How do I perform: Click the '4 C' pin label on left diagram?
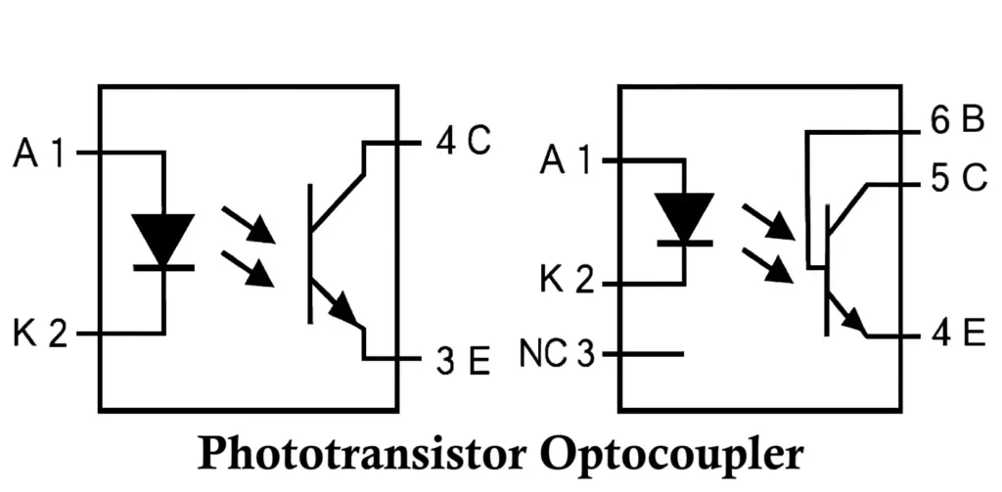pos(462,142)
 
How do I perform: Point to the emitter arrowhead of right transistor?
pos(854,322)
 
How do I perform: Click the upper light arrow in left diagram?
pos(249,224)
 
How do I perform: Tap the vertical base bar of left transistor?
pos(310,252)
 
